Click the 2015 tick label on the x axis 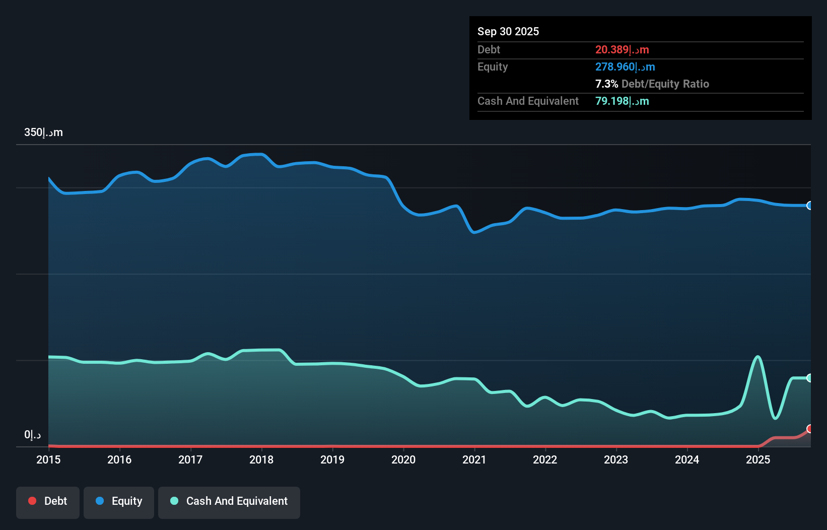pos(48,459)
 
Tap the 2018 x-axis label pos(261,459)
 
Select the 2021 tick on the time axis pos(474,459)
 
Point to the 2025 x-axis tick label pos(758,459)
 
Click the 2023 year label pos(616,459)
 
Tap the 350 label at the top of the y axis pos(43,132)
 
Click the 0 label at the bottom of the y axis pos(32,434)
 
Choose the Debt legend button pos(48,501)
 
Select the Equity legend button pos(119,501)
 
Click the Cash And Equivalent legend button pos(229,501)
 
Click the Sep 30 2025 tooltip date pos(508,31)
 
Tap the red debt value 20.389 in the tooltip pos(622,49)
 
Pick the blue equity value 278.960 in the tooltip pos(625,67)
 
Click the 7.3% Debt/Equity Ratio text pos(652,84)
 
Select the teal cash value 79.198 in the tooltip pos(622,101)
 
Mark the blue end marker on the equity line pos(810,206)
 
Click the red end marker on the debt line pos(810,429)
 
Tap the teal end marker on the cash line pos(810,378)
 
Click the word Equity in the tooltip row pos(493,67)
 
